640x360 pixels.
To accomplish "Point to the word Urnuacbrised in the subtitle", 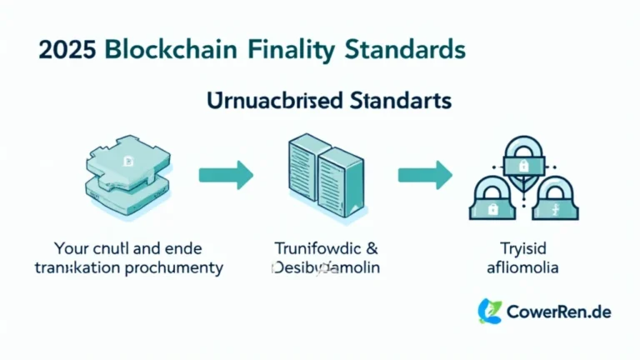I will (271, 101).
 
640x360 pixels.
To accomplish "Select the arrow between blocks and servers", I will (226, 174).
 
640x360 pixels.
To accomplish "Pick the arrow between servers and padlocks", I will (425, 174).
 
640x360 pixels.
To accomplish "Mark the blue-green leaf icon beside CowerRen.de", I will (489, 311).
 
